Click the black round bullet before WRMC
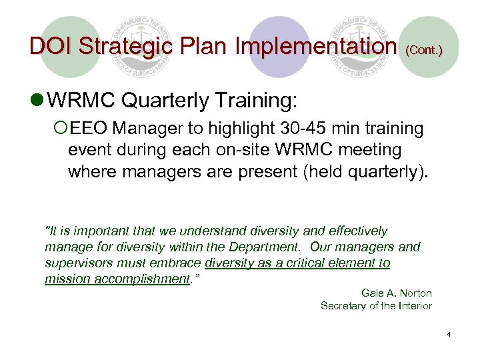39,102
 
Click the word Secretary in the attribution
343,306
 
